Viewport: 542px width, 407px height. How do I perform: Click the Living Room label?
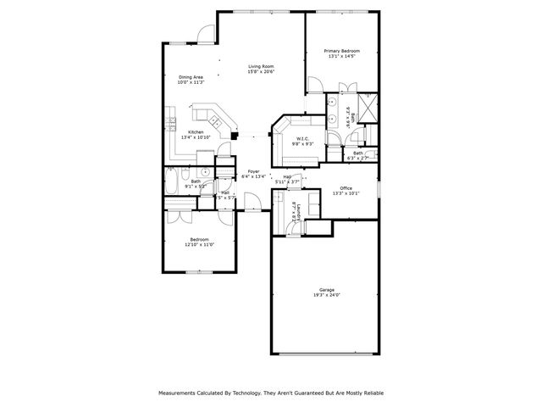pos(260,66)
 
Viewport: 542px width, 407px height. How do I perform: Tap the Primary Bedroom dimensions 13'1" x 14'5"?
pos(342,56)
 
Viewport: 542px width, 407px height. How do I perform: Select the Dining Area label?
pos(191,77)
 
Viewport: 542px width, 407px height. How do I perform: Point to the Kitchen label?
pos(196,132)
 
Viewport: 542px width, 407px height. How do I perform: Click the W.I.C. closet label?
pos(303,139)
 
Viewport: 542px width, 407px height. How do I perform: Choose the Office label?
pos(346,187)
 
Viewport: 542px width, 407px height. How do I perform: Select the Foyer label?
pos(253,172)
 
